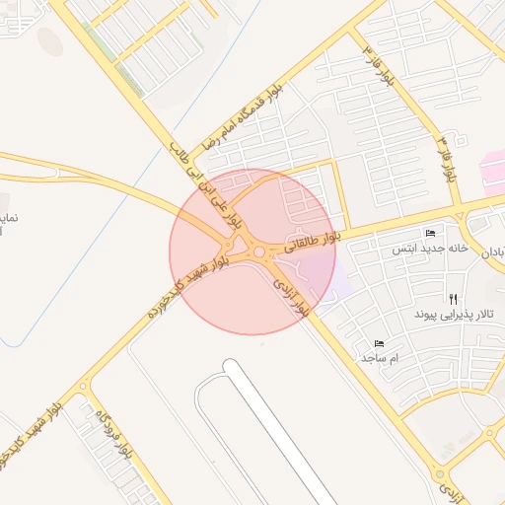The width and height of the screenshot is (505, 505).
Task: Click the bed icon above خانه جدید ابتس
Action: point(429,233)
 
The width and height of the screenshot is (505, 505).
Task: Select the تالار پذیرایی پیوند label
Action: point(458,315)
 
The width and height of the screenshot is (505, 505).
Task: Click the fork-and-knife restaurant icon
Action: point(453,298)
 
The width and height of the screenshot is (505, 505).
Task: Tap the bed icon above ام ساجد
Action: point(379,343)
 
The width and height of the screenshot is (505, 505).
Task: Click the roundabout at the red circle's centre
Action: point(258,253)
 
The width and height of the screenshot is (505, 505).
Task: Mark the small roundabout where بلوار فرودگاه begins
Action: point(83,388)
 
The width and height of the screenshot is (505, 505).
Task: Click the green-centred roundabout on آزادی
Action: point(491,433)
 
